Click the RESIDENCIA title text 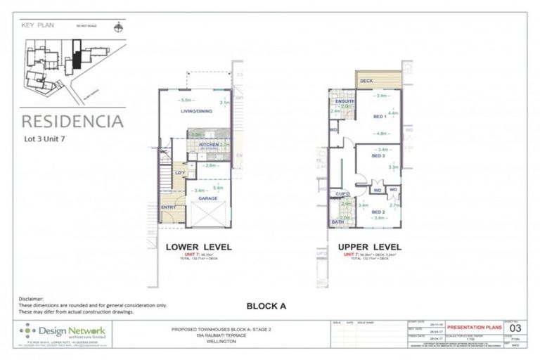[x=72, y=120]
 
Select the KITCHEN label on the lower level [x=209, y=145]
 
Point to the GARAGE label [x=207, y=198]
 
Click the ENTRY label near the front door [x=169, y=207]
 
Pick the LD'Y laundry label [x=180, y=173]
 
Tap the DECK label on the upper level [x=366, y=81]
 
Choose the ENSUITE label [x=344, y=101]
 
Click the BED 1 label [x=378, y=116]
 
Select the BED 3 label [x=378, y=155]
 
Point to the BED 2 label [x=378, y=212]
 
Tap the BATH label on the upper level [x=337, y=222]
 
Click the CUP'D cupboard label [x=343, y=193]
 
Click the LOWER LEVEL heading [x=198, y=247]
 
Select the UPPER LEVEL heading [x=369, y=247]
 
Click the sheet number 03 [x=515, y=328]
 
